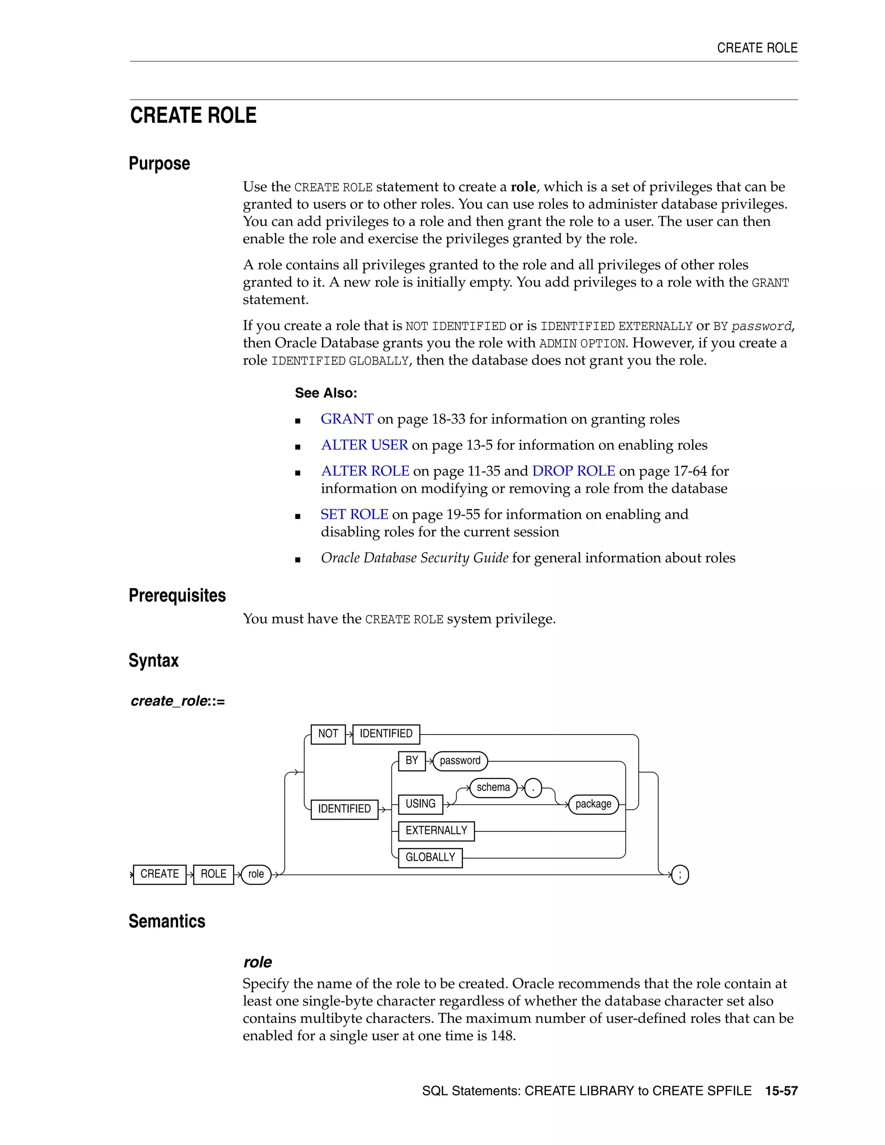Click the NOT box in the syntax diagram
328,734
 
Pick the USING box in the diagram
420,804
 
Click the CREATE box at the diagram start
159,874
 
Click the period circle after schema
533,788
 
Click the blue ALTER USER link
364,445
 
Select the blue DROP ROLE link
573,471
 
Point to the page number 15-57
781,1091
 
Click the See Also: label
325,393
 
